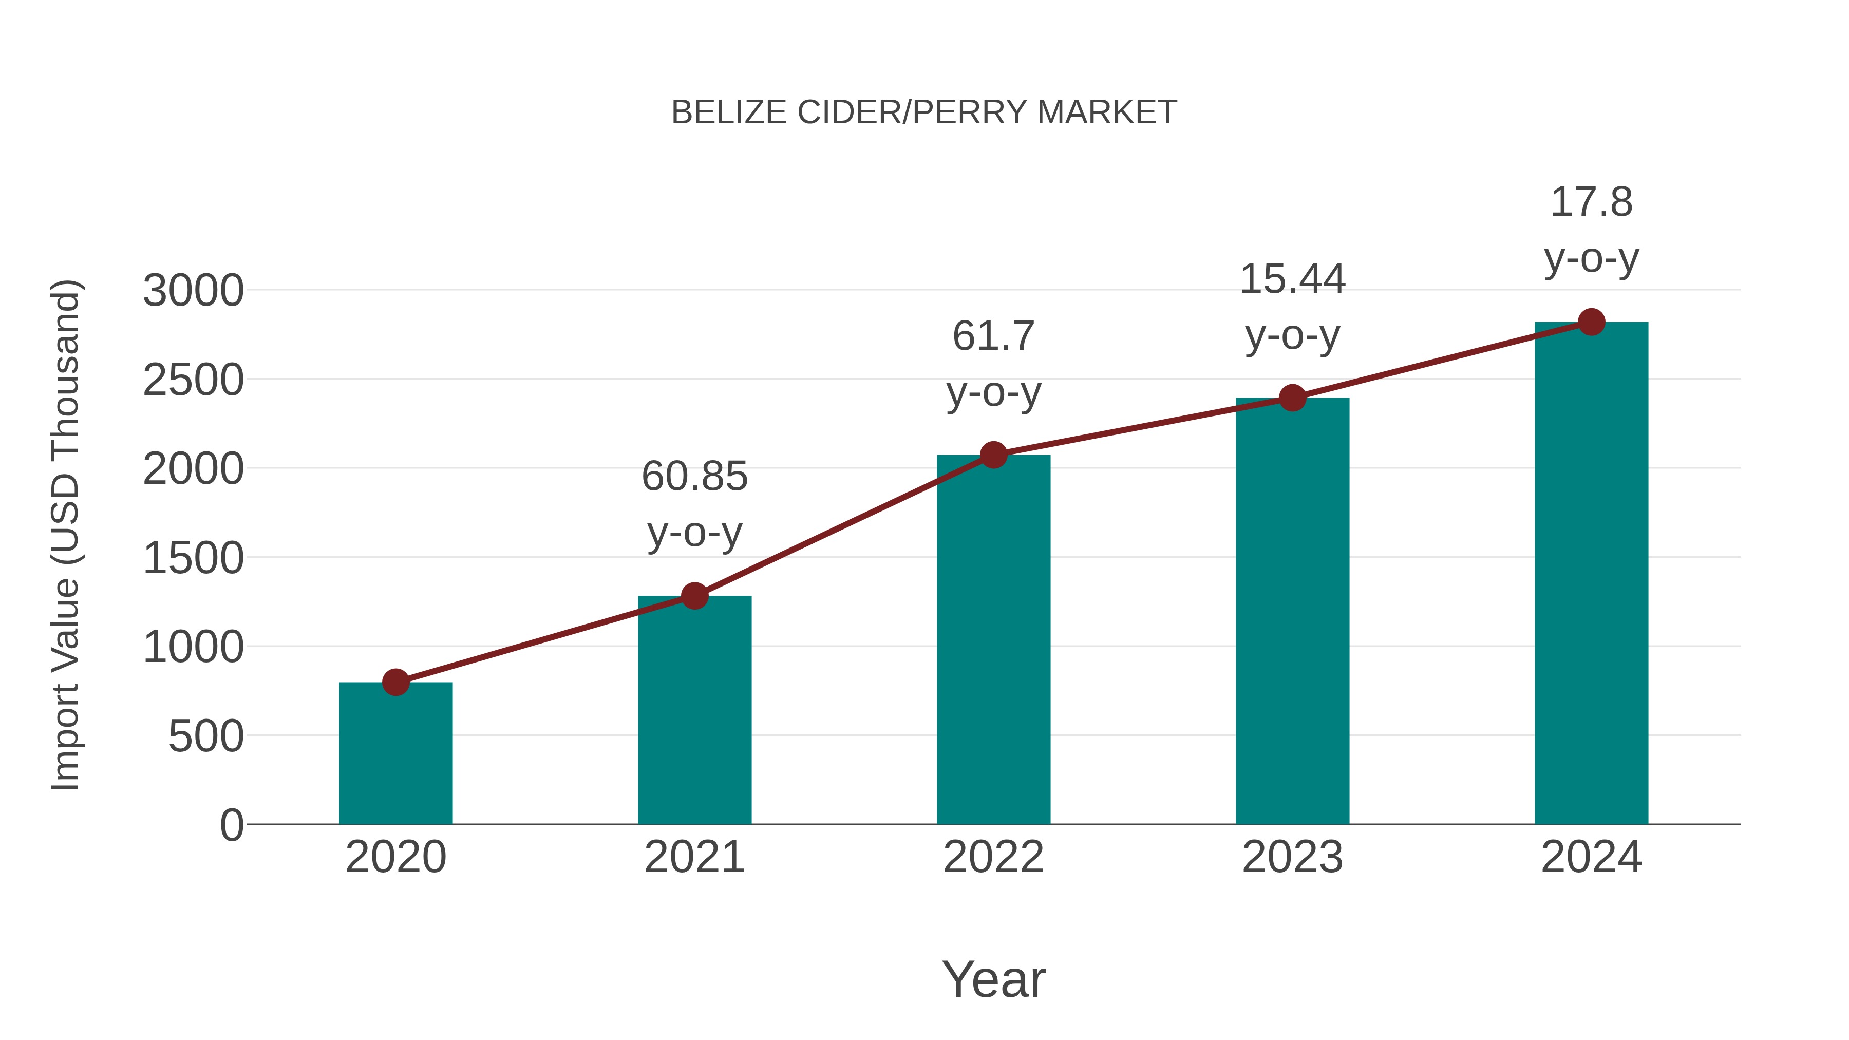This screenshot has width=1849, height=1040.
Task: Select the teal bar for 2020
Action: click(395, 753)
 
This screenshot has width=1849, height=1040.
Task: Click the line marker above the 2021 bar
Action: click(694, 596)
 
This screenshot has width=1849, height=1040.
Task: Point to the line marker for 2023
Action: click(1292, 398)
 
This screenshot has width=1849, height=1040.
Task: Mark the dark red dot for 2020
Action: click(395, 682)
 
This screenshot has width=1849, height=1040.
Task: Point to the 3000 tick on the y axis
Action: click(193, 291)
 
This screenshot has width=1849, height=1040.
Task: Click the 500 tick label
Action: click(205, 736)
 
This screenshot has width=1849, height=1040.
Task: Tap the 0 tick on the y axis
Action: click(231, 825)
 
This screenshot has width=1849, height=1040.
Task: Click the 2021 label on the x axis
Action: click(694, 857)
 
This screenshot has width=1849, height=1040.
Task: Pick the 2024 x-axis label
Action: click(1591, 857)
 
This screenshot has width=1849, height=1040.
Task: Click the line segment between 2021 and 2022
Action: click(843, 525)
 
